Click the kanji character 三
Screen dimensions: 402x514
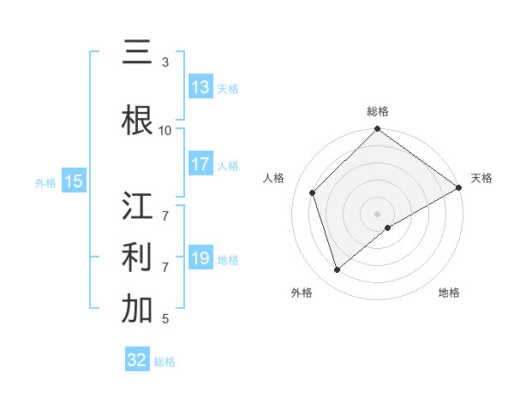[x=137, y=54]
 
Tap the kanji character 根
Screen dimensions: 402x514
[x=137, y=121]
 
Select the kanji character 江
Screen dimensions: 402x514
[x=137, y=208]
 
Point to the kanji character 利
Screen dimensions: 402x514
[x=137, y=257]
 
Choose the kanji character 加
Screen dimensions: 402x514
[x=137, y=310]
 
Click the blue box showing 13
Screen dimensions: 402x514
[x=200, y=87]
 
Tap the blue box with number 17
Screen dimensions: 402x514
[x=200, y=165]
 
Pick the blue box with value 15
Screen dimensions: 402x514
[x=74, y=181]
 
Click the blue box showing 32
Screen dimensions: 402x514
[x=137, y=360]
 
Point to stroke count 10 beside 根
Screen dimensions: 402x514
[x=165, y=130]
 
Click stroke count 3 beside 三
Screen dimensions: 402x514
[x=165, y=62]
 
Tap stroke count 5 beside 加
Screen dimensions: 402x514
[x=165, y=319]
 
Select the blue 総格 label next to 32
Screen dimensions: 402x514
[x=165, y=362]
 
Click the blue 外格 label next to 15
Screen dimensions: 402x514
[x=45, y=182]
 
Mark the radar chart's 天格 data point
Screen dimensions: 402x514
[x=459, y=188]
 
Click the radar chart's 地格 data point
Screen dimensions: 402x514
[x=388, y=228]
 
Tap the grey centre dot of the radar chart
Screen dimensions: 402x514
[x=377, y=213]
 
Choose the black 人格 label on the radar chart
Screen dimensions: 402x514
[x=274, y=178]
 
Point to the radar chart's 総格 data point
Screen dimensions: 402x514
[x=377, y=130]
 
